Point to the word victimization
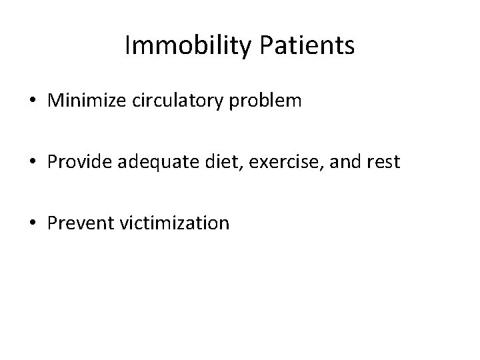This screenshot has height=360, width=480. (x=175, y=223)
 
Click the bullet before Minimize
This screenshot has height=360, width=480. (x=33, y=101)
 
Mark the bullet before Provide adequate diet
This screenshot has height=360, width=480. (x=33, y=163)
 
